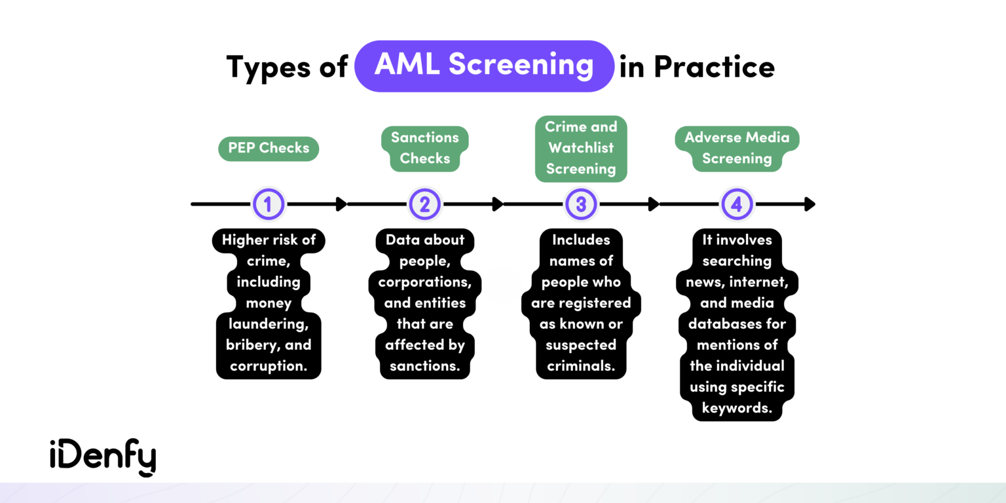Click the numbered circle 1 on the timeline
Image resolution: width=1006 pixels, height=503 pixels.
(x=268, y=204)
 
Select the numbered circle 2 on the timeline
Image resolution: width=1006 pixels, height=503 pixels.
(x=424, y=204)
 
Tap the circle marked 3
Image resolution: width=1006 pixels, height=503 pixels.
(x=581, y=204)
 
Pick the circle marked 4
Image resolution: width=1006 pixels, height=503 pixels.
(x=737, y=204)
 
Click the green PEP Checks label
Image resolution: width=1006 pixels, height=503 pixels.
(x=269, y=148)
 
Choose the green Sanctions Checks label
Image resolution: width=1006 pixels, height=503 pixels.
(x=425, y=148)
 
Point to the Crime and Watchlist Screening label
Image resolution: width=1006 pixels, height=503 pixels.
(x=581, y=148)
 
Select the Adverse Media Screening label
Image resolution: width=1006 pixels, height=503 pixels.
(x=737, y=148)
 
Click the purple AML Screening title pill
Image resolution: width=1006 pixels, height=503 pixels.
(x=484, y=66)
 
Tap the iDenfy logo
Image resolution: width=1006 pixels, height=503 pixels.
(x=103, y=457)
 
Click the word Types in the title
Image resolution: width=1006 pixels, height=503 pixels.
(x=269, y=67)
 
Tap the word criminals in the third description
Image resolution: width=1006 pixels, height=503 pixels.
(x=580, y=366)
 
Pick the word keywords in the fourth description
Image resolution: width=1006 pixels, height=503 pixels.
(x=736, y=408)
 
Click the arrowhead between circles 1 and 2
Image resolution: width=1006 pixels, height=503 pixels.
(x=341, y=204)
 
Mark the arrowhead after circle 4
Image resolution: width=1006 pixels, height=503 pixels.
(x=810, y=204)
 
